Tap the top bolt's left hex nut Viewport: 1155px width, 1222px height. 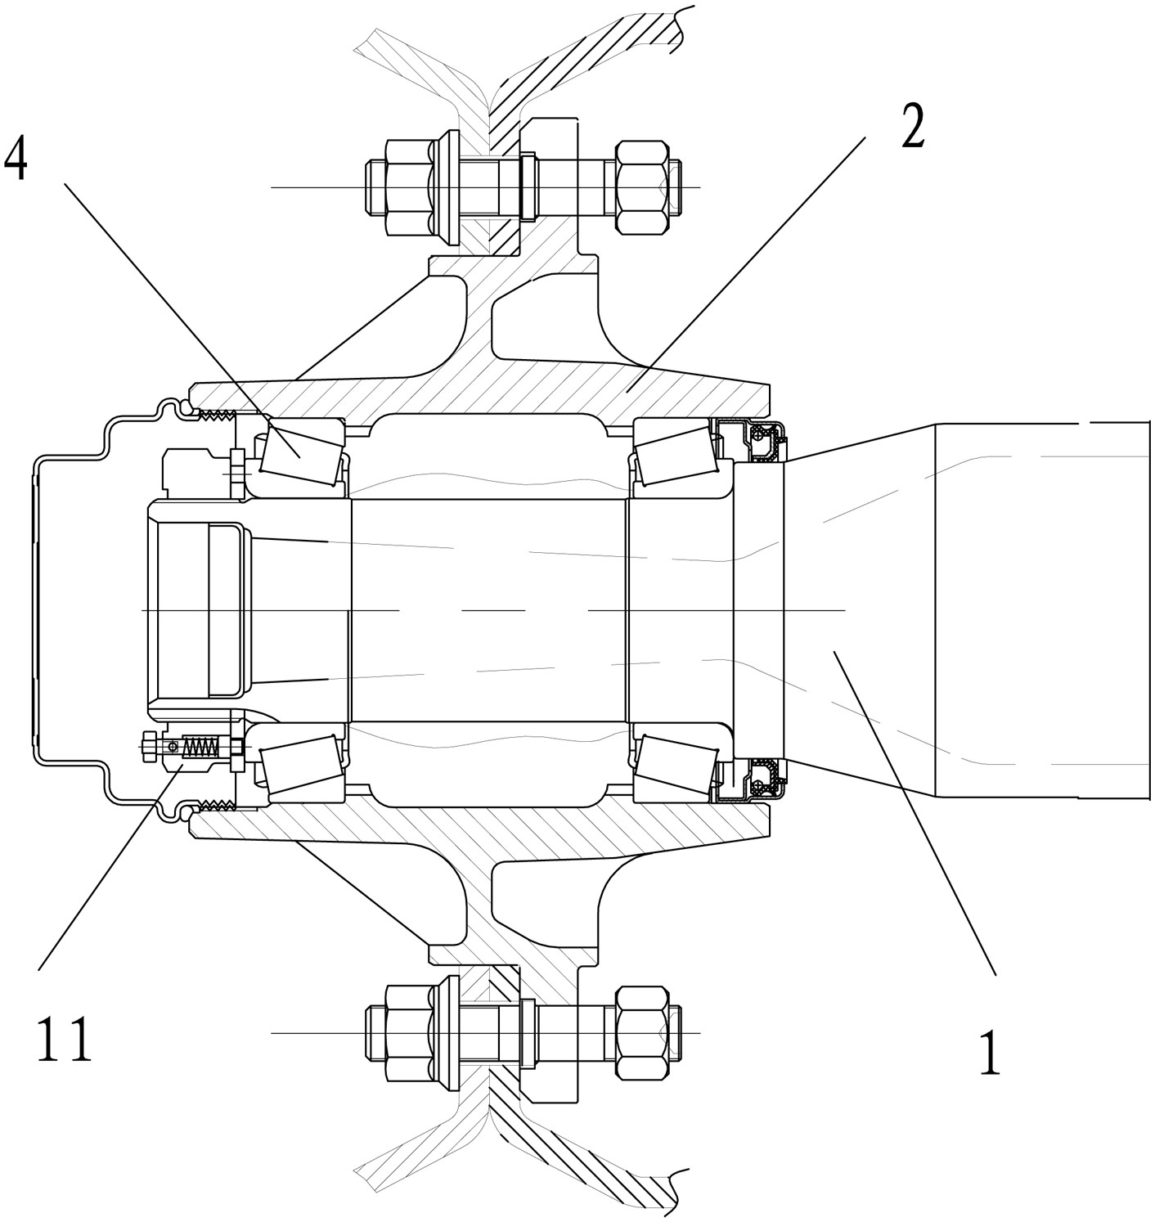[x=408, y=186]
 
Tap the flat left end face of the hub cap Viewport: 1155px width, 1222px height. [x=34, y=610]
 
